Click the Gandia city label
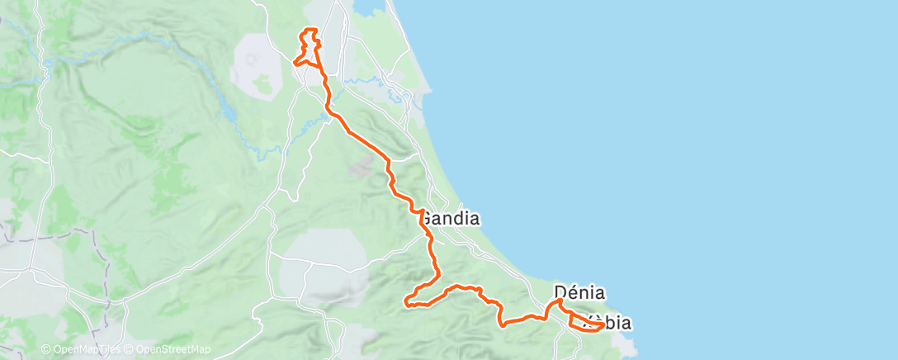tap(451, 220)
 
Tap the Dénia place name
tap(579, 292)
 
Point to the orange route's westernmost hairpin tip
tap(406, 302)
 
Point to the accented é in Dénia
tap(571, 292)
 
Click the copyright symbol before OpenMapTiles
tap(45, 350)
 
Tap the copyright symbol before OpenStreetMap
tap(130, 350)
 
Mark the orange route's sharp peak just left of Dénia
tap(560, 301)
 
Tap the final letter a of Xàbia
tap(626, 324)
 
